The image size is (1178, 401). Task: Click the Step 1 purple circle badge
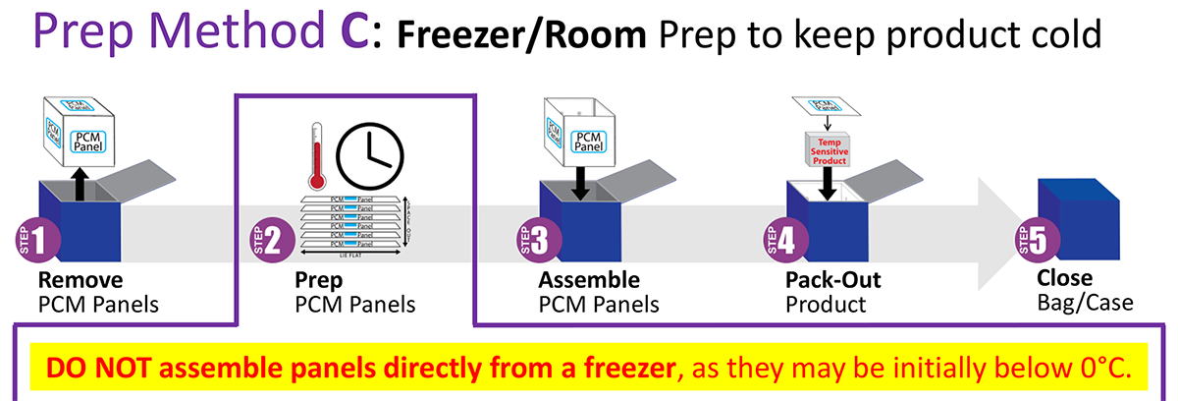[x=43, y=240]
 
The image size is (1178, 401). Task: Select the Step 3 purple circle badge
[x=539, y=240]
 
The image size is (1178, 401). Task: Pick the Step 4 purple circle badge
[x=785, y=240]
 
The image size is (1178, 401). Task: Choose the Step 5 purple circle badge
[x=1038, y=240]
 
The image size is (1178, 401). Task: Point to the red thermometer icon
[x=315, y=157]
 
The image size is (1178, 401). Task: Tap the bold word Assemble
[x=590, y=280]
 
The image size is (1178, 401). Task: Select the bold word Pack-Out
[x=833, y=280]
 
